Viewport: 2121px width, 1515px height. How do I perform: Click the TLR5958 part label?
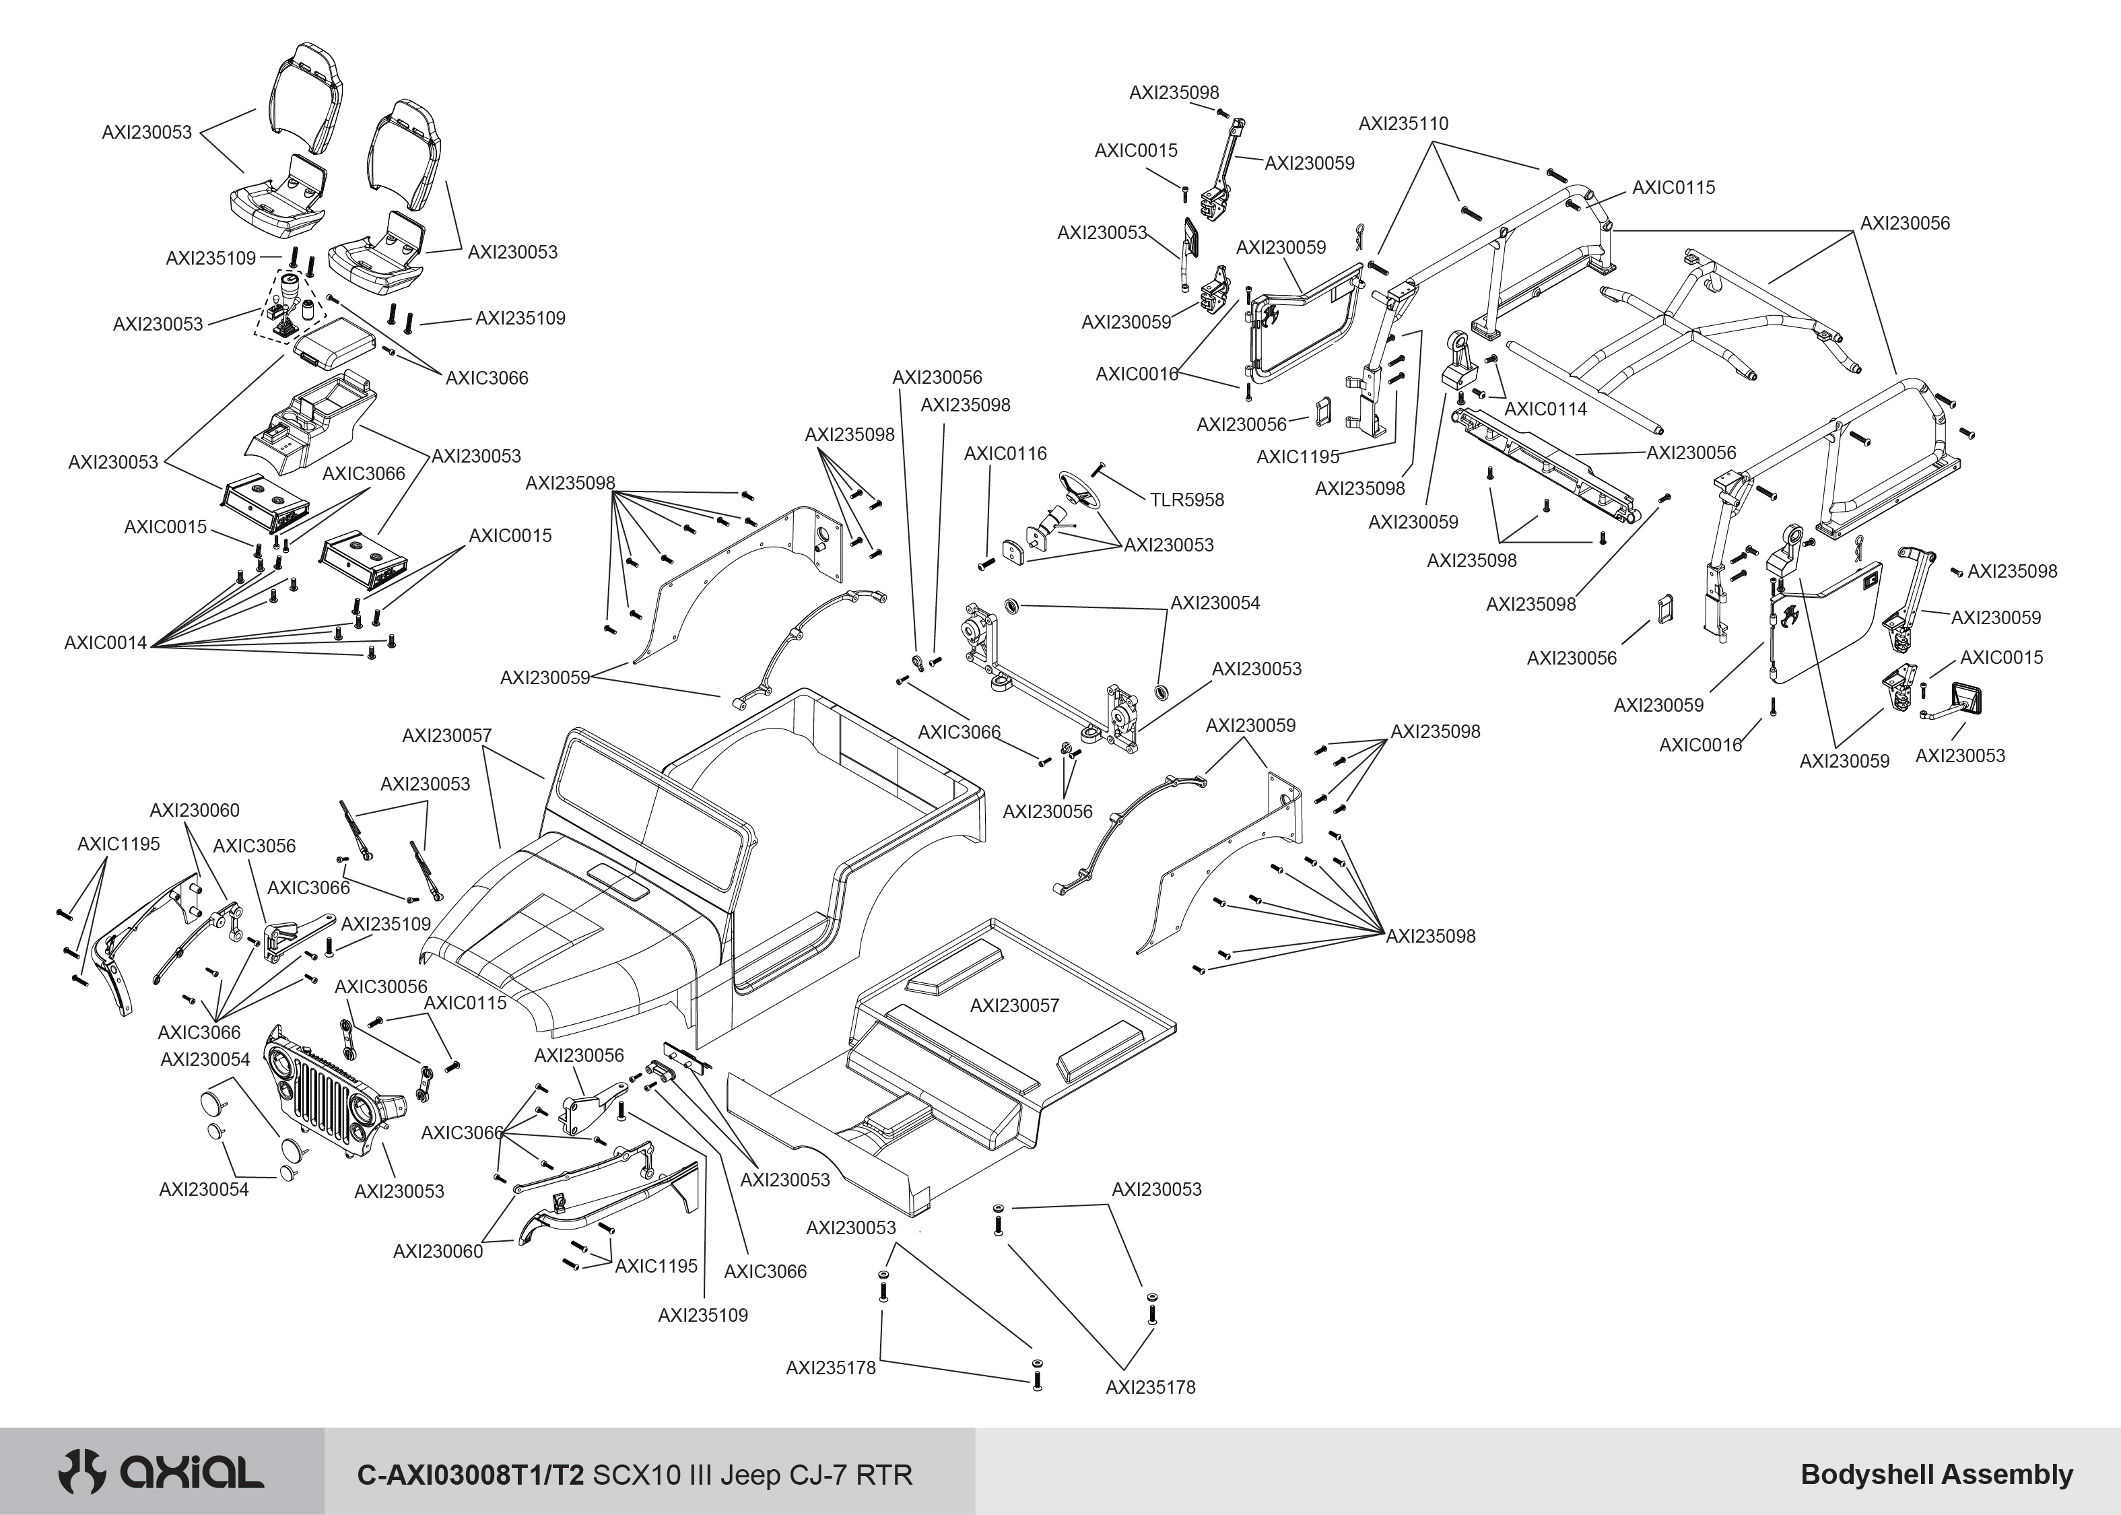(x=1186, y=500)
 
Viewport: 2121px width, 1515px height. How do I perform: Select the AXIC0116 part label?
(x=1005, y=453)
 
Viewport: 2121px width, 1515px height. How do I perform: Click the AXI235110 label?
(x=1403, y=124)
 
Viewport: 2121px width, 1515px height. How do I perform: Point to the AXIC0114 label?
(x=1545, y=409)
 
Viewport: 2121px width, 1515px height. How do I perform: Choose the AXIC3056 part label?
(x=254, y=846)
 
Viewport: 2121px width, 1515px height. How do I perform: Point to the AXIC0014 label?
(x=106, y=643)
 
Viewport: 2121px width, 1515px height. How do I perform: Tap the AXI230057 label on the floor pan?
(x=1014, y=1006)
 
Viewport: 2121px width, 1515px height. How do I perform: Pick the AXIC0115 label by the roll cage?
(x=1673, y=187)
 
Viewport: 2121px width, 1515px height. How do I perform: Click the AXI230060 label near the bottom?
(x=438, y=1251)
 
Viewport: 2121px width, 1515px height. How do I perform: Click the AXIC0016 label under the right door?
(x=1699, y=745)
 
